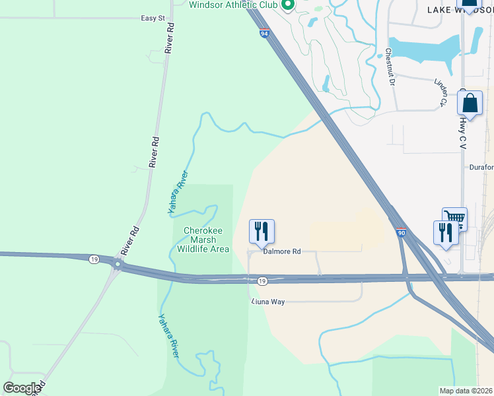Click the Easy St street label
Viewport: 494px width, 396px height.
coord(153,18)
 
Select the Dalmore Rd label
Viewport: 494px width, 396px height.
coord(282,251)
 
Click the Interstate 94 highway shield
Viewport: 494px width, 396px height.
coord(264,34)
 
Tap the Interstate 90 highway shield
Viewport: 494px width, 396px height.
coord(402,232)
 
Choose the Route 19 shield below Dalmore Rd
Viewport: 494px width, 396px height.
coord(262,281)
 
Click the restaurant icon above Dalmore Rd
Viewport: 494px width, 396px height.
coord(262,232)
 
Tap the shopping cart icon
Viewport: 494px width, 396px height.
coord(454,218)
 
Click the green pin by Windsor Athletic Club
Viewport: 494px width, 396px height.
coord(288,6)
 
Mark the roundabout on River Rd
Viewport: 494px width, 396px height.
coord(118,265)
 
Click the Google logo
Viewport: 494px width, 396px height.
coord(22,388)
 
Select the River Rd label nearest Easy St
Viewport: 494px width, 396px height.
coord(170,38)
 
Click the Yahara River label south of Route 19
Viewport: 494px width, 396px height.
coord(168,336)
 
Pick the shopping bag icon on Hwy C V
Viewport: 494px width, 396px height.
coord(470,104)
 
